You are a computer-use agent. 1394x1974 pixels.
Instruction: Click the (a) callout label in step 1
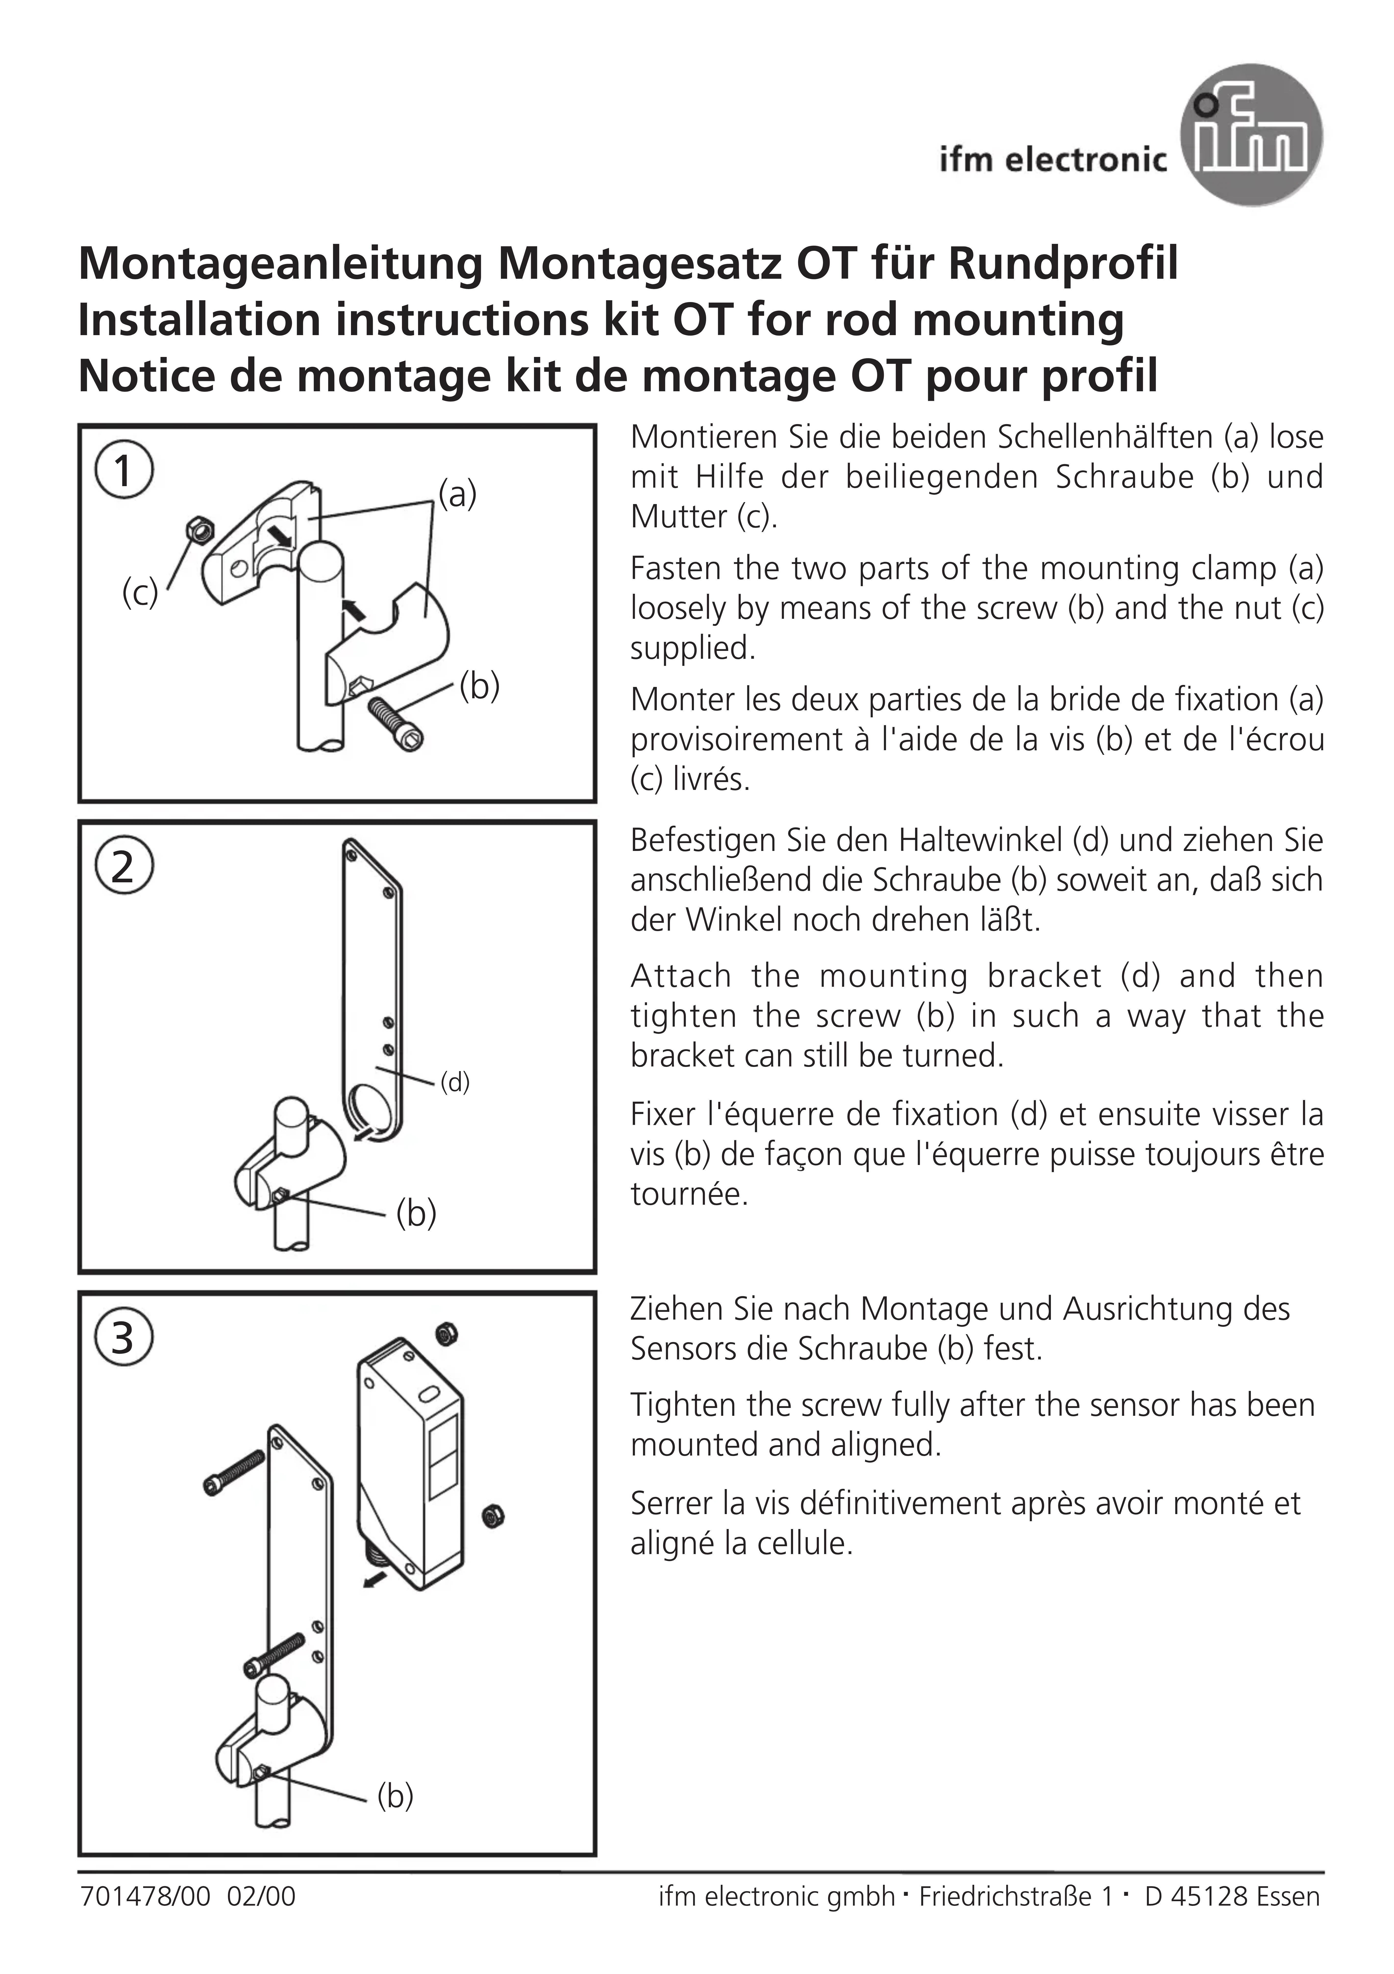tap(457, 494)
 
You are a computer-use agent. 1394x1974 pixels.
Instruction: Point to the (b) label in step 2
tap(416, 1213)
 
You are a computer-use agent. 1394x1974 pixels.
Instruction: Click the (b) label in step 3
tap(395, 1795)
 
